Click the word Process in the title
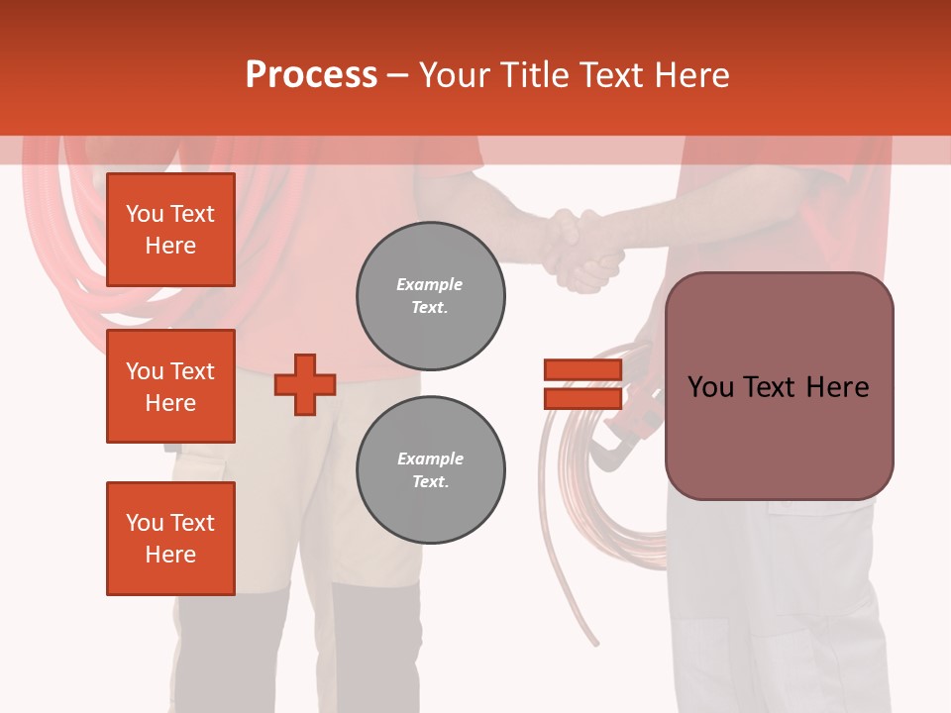point(311,75)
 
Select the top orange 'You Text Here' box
point(170,230)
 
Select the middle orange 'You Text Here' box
point(170,386)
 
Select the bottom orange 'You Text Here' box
point(170,539)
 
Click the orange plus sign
point(305,384)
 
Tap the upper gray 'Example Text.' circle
point(430,296)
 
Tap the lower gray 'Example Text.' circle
point(430,470)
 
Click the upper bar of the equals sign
point(582,370)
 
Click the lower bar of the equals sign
point(582,398)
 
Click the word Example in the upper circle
point(430,284)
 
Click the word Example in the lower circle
point(430,458)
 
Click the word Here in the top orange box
point(170,246)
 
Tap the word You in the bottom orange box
point(145,523)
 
